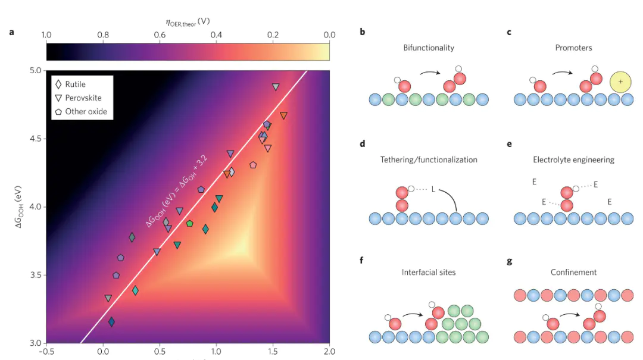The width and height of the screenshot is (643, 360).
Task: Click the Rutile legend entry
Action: click(75, 84)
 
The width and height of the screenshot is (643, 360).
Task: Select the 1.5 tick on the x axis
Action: click(272, 352)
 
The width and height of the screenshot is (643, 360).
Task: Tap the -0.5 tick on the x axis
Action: click(46, 352)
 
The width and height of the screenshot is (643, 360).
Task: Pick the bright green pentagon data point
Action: click(189, 224)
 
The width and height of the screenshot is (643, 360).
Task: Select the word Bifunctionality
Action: click(429, 48)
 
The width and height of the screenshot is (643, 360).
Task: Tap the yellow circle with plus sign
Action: click(620, 82)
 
